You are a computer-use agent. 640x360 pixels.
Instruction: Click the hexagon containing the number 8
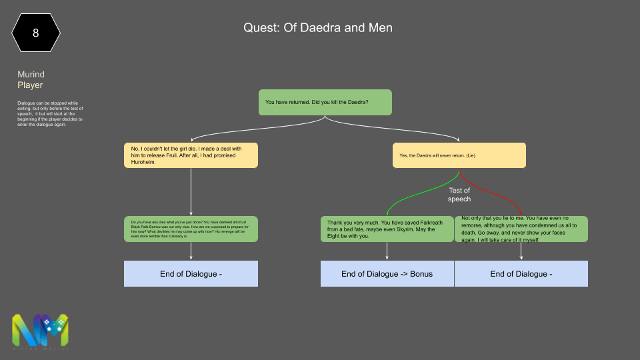pos(35,31)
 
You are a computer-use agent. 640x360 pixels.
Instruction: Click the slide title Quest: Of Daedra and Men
pos(317,28)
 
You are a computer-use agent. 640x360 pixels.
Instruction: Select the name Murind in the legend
pos(31,75)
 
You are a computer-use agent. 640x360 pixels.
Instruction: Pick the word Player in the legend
pos(30,85)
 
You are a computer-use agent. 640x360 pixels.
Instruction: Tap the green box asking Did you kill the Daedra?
pos(325,102)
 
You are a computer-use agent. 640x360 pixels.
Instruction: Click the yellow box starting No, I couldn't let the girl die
pos(191,155)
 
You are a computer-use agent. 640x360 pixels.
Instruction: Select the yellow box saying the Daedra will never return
pos(459,155)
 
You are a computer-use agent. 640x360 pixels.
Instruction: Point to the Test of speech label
pos(459,195)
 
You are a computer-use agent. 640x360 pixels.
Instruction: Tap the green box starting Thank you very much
pos(387,229)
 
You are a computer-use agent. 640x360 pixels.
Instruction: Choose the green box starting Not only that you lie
pos(521,229)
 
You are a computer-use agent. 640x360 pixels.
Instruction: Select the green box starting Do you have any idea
pos(191,229)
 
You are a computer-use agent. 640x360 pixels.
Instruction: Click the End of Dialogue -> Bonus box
pos(387,273)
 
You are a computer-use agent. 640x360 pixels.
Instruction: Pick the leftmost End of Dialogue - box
pos(191,273)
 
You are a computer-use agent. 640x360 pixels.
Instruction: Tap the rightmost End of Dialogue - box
pos(521,273)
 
